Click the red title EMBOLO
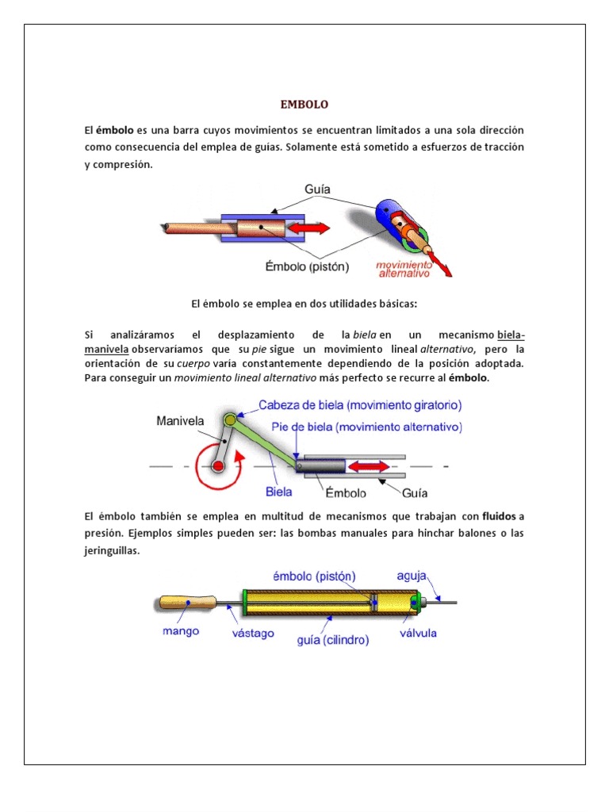coord(304,105)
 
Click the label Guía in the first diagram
coord(317,190)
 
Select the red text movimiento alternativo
coord(404,267)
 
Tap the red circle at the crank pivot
coord(217,465)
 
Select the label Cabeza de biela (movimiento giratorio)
coord(360,404)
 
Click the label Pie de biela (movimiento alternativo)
coord(366,427)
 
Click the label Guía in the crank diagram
coord(416,492)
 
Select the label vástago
coord(253,633)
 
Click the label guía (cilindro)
coord(332,640)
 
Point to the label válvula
coord(417,634)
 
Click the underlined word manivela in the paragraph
coord(107,350)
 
